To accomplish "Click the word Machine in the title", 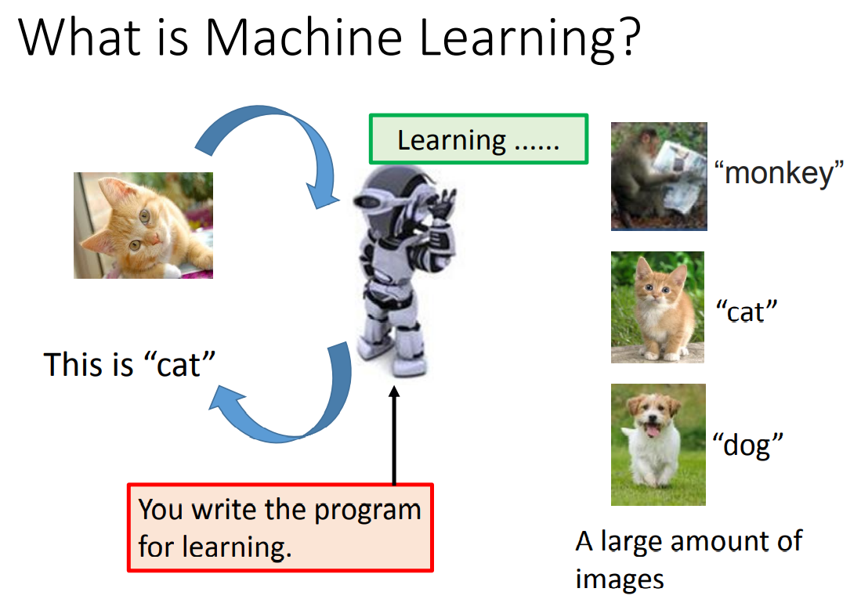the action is pyautogui.click(x=304, y=38).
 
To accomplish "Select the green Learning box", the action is pyautogui.click(x=479, y=139).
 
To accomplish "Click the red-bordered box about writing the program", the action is pyautogui.click(x=280, y=528).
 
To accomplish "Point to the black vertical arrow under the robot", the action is pyautogui.click(x=394, y=435).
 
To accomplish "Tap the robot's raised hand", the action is pyautogui.click(x=443, y=204).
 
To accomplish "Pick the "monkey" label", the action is pyautogui.click(x=779, y=172).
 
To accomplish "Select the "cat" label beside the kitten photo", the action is pyautogui.click(x=747, y=312).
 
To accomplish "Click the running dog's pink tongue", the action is pyautogui.click(x=653, y=431).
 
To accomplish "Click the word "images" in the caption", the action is pyautogui.click(x=620, y=579).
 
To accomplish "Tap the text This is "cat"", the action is pyautogui.click(x=129, y=365).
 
